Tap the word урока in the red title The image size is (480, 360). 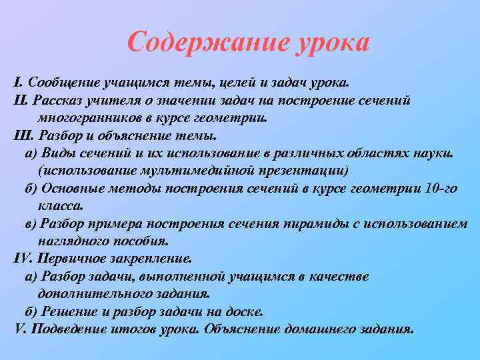[x=326, y=44]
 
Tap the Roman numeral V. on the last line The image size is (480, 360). [x=20, y=329]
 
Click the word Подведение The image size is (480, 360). [x=73, y=329]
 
